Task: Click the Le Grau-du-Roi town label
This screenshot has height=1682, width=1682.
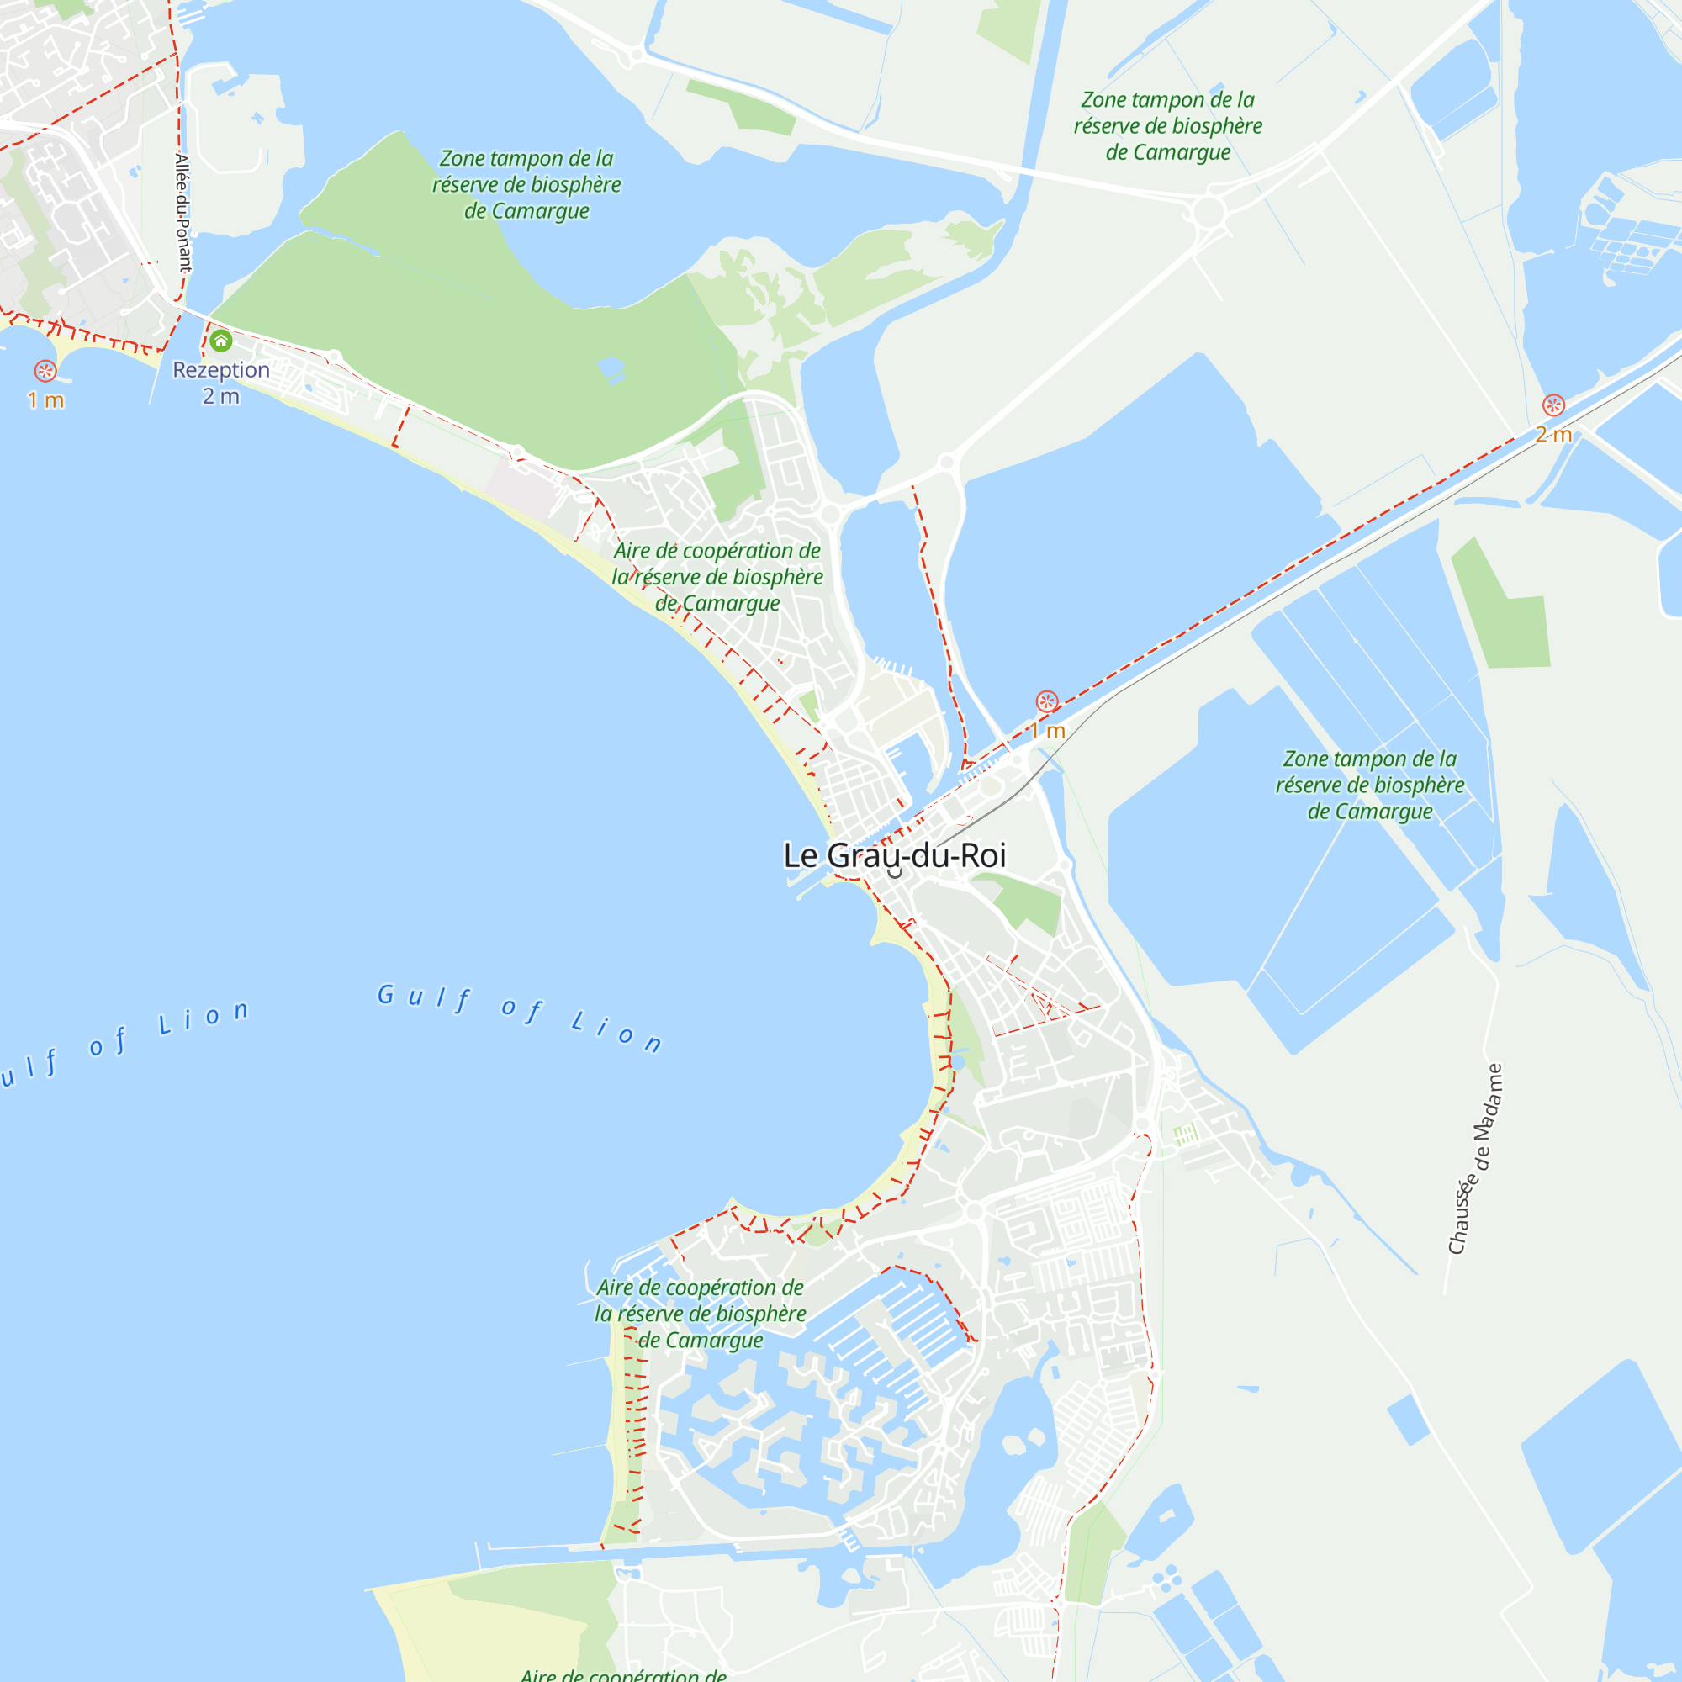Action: [x=894, y=856]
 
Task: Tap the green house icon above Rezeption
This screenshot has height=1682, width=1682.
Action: [x=220, y=341]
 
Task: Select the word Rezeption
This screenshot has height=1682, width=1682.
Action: [x=221, y=370]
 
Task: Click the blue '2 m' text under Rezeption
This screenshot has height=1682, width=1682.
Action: [x=220, y=397]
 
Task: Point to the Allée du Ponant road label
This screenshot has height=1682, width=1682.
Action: [x=182, y=214]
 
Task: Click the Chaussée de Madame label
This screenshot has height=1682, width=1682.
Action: [x=1475, y=1159]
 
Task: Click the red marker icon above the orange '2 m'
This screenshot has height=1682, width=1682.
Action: [x=1553, y=405]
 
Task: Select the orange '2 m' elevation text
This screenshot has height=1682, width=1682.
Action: [x=1553, y=435]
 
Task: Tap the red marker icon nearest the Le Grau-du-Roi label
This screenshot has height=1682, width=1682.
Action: [x=1046, y=701]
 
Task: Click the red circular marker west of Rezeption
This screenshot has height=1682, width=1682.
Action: [x=45, y=371]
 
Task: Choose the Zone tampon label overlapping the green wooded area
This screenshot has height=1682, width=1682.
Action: [x=526, y=184]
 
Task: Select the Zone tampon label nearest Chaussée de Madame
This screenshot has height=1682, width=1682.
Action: [x=1369, y=785]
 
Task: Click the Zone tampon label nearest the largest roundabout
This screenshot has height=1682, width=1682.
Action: [x=1167, y=126]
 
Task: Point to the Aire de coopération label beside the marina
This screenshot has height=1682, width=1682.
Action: [x=700, y=1313]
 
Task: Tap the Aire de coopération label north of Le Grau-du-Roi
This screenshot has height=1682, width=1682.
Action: [x=717, y=576]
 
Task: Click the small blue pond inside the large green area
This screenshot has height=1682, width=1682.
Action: [x=611, y=369]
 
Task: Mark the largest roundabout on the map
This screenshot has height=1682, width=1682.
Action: [x=1209, y=212]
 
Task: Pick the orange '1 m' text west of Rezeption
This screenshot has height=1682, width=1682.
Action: [x=45, y=400]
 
